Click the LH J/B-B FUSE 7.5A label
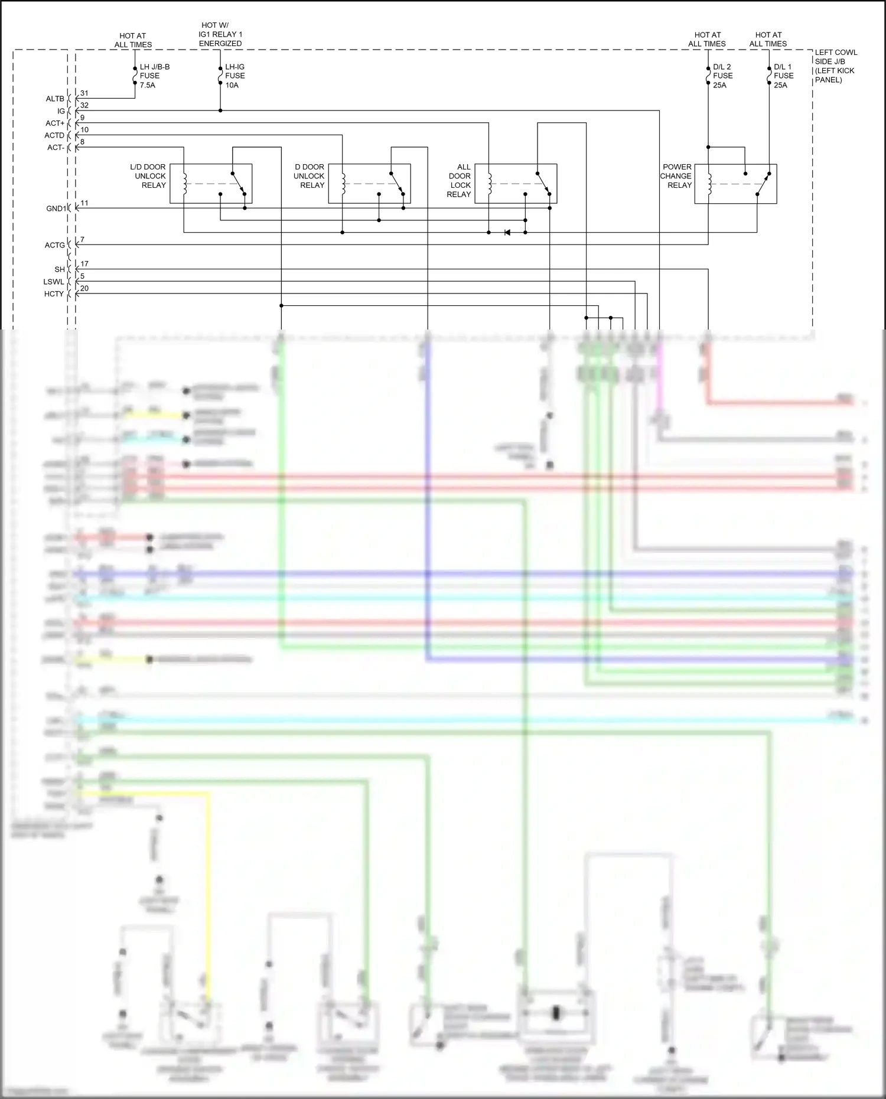154,76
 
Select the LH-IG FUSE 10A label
234,76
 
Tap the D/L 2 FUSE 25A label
722,76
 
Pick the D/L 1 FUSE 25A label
783,76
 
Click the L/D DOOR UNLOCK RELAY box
211,184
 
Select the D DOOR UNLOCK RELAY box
369,184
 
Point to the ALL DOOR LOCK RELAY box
516,184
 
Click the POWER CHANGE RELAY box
735,184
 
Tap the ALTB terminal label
55,99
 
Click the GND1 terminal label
56,208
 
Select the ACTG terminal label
54,245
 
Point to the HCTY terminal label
54,294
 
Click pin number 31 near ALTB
84,93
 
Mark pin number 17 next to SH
84,264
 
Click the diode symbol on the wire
507,233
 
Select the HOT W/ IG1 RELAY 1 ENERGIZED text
220,34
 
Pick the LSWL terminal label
54,282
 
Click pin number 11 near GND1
84,203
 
